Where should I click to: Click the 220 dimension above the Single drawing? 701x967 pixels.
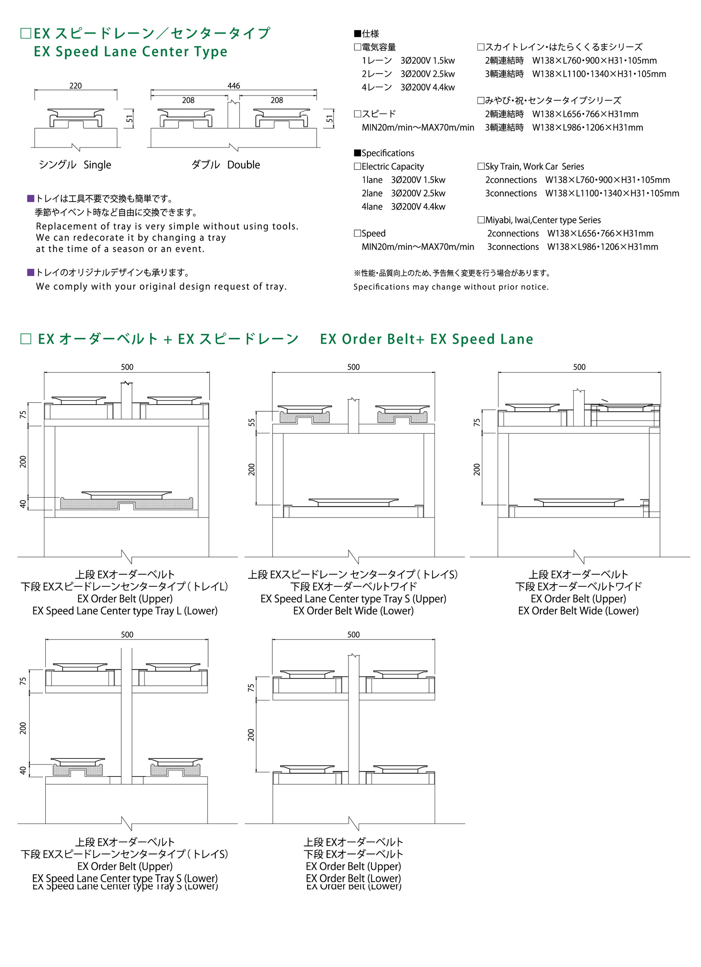(x=75, y=86)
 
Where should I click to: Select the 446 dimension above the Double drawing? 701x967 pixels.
(x=234, y=86)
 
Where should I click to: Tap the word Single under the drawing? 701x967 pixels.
(x=97, y=165)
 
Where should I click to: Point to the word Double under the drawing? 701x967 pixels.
(x=244, y=165)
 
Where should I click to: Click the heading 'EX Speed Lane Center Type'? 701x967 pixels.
(x=130, y=52)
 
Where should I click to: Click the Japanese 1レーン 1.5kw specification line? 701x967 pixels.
(x=408, y=61)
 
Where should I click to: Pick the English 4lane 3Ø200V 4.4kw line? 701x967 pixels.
(x=403, y=207)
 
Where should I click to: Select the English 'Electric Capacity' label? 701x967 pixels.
(x=392, y=167)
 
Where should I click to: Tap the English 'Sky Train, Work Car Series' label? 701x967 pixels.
(x=534, y=167)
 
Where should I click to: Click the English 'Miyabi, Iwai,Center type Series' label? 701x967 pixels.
(x=542, y=220)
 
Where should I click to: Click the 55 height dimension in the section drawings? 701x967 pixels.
(x=251, y=422)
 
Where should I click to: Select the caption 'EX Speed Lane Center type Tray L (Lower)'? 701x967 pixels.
(x=125, y=611)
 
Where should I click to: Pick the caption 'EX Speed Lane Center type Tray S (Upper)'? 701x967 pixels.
(x=353, y=599)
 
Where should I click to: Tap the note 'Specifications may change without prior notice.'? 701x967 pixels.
(x=451, y=287)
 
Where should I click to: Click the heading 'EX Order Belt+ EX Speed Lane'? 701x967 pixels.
(x=426, y=339)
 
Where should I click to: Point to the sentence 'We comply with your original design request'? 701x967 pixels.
(x=161, y=287)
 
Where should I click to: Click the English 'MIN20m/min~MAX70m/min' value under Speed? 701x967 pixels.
(x=418, y=247)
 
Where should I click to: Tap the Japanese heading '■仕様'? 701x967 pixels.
(x=366, y=34)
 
